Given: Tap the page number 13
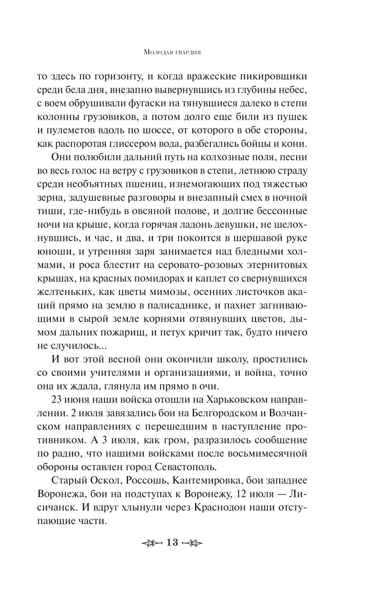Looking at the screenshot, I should point(172,543).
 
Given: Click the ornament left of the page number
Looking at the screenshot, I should point(152,543).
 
